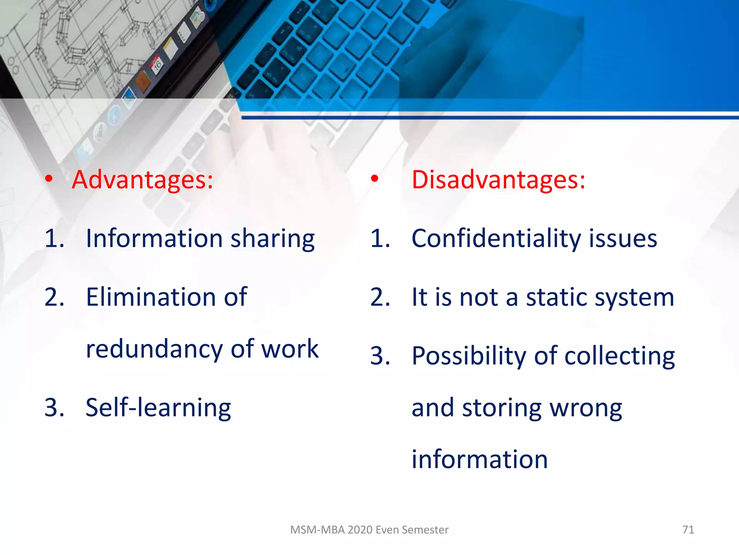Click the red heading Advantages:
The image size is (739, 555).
click(142, 180)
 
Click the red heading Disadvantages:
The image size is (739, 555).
click(498, 180)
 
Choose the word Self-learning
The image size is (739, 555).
click(158, 408)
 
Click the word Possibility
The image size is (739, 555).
click(469, 357)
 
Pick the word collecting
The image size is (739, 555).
click(619, 357)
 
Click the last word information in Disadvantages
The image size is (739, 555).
click(480, 460)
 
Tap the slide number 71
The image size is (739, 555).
click(688, 530)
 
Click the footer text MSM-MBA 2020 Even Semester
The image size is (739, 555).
click(369, 530)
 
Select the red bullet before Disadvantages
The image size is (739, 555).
click(375, 178)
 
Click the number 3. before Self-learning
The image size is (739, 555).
click(54, 408)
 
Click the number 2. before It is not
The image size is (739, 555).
click(380, 297)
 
